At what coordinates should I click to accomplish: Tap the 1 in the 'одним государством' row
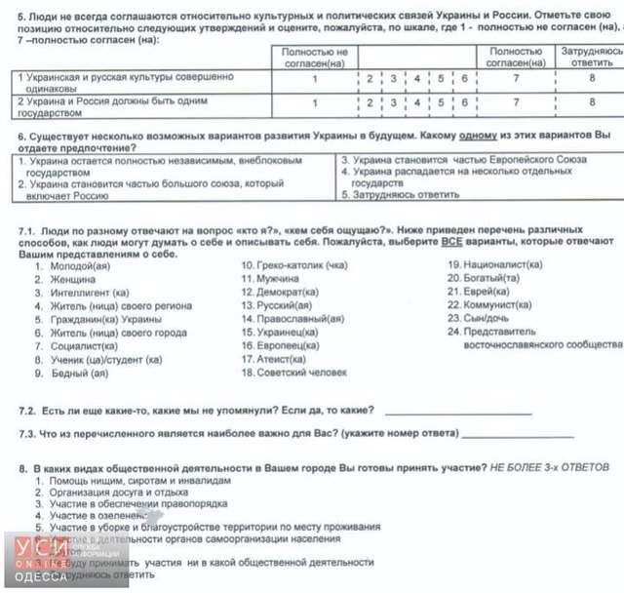(314, 101)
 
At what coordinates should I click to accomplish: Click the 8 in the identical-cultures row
(591, 79)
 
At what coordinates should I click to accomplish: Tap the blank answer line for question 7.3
(517, 435)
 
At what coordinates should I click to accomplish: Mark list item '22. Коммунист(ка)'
(489, 305)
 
